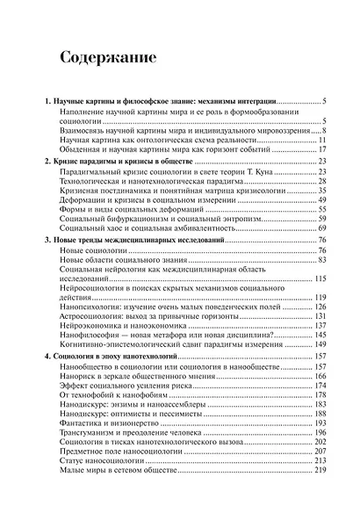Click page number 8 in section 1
pos(325,129)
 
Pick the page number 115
pos(320,278)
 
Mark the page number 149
pos(320,346)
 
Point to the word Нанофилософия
pos(90,336)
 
